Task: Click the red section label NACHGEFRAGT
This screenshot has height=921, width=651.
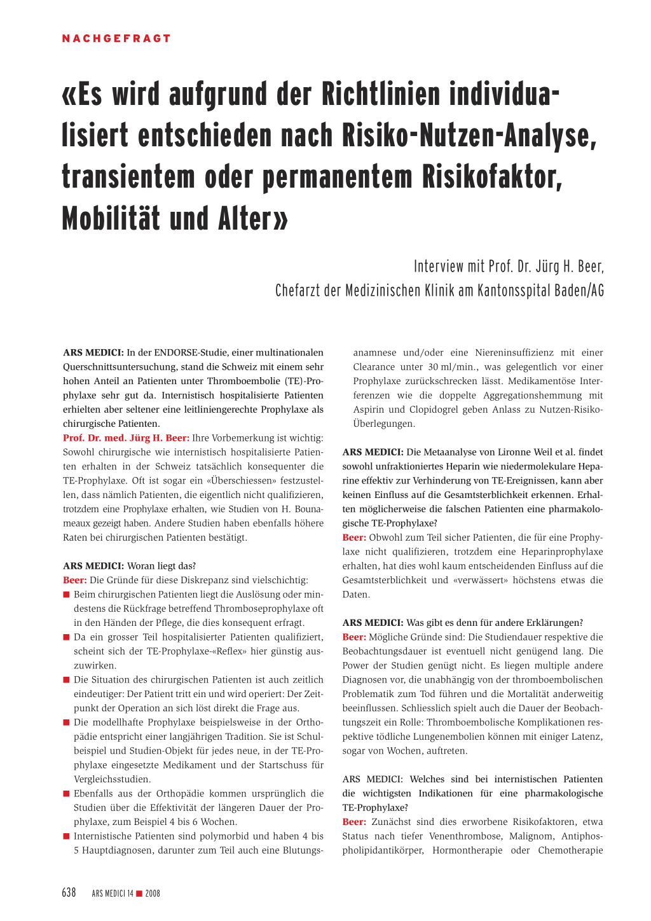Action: [116, 39]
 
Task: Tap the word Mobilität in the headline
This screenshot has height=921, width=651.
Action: [111, 219]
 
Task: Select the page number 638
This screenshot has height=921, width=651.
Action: [69, 893]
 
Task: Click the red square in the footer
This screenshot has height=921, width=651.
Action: [139, 894]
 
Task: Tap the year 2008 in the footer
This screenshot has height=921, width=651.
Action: [153, 894]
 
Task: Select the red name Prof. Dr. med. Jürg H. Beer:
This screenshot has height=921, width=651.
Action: [126, 438]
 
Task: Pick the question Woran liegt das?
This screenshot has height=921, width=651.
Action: [161, 566]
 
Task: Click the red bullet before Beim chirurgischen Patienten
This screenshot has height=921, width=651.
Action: [66, 595]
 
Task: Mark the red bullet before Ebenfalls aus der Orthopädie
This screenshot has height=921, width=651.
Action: [66, 794]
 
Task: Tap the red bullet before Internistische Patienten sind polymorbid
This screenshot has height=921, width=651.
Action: [66, 836]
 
